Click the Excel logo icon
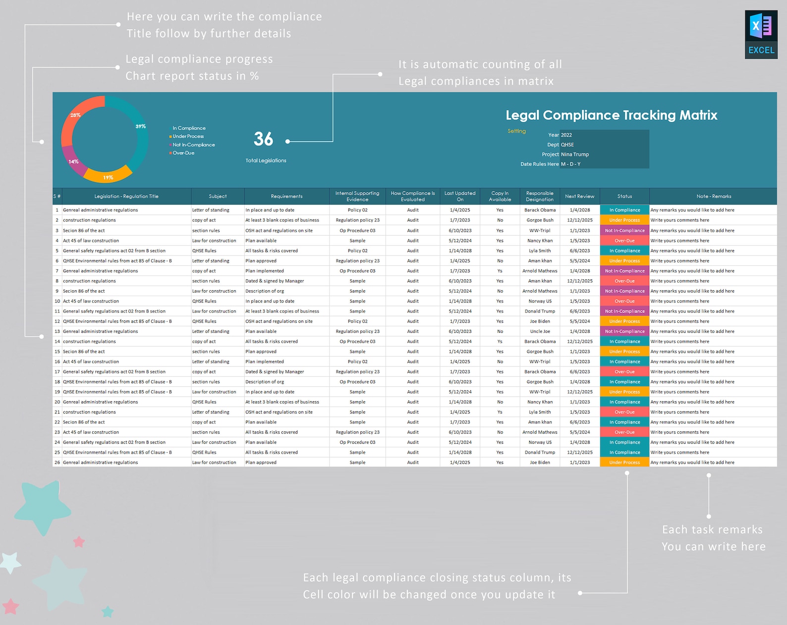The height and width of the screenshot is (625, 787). pos(761,34)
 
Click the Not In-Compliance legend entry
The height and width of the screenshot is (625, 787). pos(193,145)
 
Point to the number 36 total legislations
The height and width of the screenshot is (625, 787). pos(263,139)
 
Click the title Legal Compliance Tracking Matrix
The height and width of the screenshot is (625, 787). pos(611,115)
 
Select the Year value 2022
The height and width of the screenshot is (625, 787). pos(566,135)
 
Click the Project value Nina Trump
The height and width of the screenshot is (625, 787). pos(575,154)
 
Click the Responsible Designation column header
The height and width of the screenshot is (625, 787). pos(539,196)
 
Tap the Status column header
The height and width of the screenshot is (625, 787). pos(624,196)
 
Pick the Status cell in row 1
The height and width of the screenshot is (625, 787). pos(624,210)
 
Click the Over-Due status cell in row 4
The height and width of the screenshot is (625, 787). pos(624,240)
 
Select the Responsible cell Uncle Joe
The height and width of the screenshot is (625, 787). pos(539,331)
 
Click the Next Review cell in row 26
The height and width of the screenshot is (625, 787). pos(579,463)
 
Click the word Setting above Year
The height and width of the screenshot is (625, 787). pos(516,131)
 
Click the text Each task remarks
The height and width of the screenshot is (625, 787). pos(712,529)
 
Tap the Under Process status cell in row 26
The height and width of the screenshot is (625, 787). pos(624,463)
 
